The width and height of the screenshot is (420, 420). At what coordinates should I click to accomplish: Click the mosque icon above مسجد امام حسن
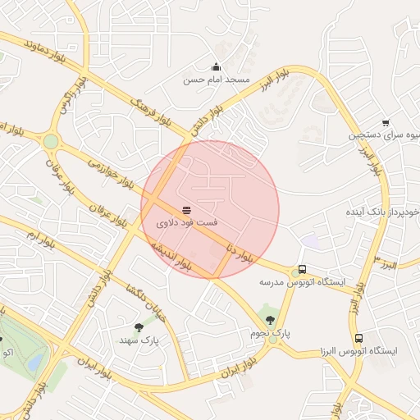tap(216, 67)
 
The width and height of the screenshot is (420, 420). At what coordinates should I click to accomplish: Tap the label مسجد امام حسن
tap(216, 81)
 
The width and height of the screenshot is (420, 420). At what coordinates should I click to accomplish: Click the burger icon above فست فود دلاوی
tap(187, 209)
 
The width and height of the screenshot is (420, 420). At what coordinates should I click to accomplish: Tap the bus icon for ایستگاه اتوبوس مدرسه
tap(303, 269)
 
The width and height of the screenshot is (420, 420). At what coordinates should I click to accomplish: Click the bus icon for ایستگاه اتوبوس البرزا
tap(358, 338)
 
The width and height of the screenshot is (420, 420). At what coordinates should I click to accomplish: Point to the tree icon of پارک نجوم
tap(271, 320)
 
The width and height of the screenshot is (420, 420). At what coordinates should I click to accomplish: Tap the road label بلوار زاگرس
tap(70, 100)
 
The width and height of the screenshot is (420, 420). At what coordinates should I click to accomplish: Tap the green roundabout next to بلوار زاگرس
tap(51, 142)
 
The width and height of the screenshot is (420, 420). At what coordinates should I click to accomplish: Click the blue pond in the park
tap(35, 362)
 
